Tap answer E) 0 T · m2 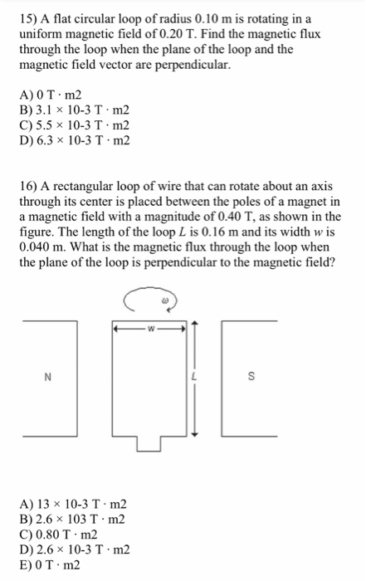pos(57,564)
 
